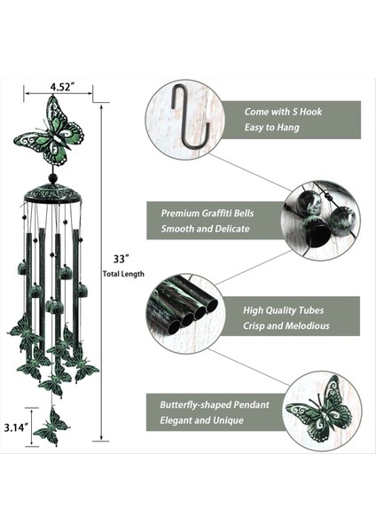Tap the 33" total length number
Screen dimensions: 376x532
(121, 259)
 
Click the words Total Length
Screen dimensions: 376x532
(123, 274)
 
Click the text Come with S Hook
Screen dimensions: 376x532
(283, 112)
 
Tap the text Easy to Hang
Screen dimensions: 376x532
(272, 128)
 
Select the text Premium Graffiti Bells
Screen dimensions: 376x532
(207, 213)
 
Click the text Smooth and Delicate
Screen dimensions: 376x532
(205, 229)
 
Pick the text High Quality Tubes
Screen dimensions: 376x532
(283, 310)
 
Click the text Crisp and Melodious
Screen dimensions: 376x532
(286, 326)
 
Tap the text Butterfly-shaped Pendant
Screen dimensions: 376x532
(215, 405)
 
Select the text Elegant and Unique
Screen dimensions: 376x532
(201, 420)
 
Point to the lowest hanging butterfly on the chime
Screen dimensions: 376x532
(51, 426)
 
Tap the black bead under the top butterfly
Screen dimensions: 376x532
(52, 177)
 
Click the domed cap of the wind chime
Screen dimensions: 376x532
(52, 194)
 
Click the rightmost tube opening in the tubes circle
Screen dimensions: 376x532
(211, 306)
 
